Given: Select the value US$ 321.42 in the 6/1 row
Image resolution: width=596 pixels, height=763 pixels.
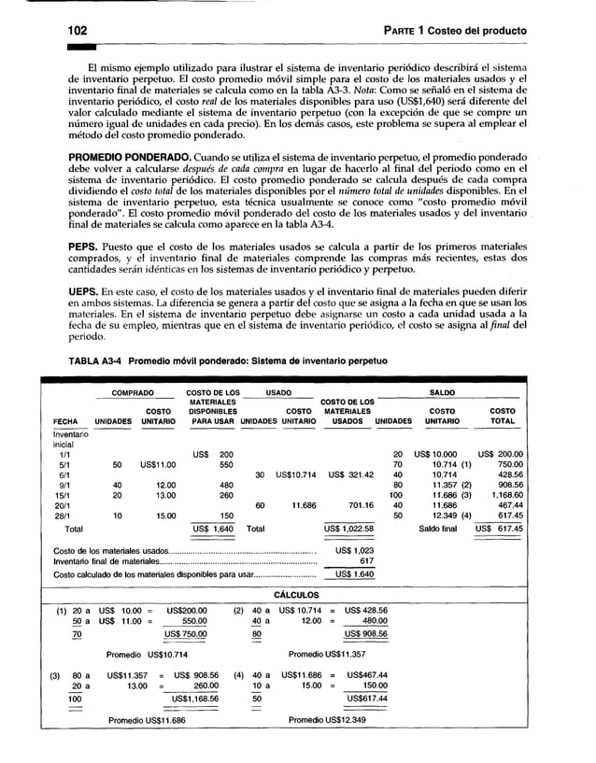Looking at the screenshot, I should [351, 474].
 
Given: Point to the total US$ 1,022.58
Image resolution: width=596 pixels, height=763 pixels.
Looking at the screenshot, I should [348, 529].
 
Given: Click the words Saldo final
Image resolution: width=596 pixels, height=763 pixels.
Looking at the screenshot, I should [438, 529].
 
